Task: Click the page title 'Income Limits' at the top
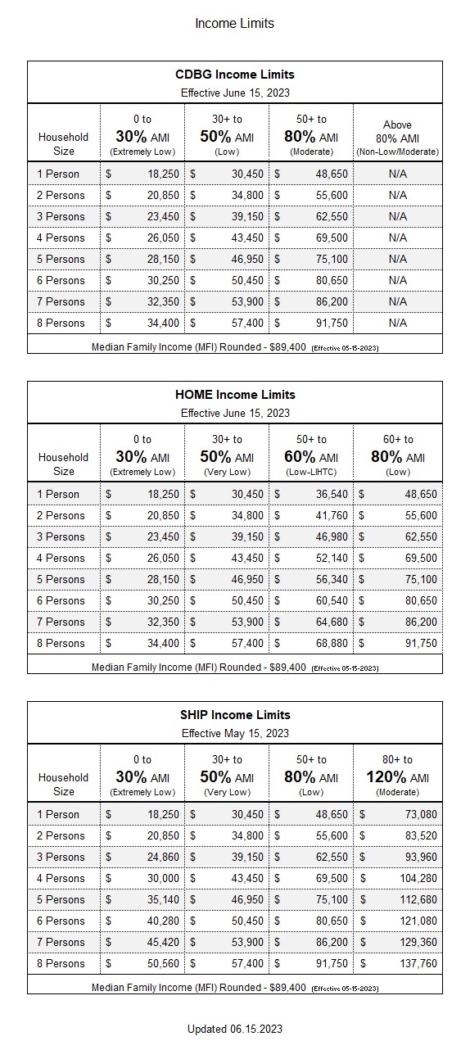pos(234,23)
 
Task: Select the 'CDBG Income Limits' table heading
pos(234,75)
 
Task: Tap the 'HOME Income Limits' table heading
pos(234,395)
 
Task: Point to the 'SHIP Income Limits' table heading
pos(234,715)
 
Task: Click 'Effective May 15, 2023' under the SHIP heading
pos(234,733)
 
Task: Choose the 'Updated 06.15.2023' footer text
pos(234,1029)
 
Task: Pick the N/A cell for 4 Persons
pos(397,238)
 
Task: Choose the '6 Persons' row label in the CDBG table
pos(61,280)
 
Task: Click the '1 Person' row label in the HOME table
pos(59,494)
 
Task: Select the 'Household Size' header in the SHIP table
pos(63,784)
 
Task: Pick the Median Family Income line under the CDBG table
pos(234,346)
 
